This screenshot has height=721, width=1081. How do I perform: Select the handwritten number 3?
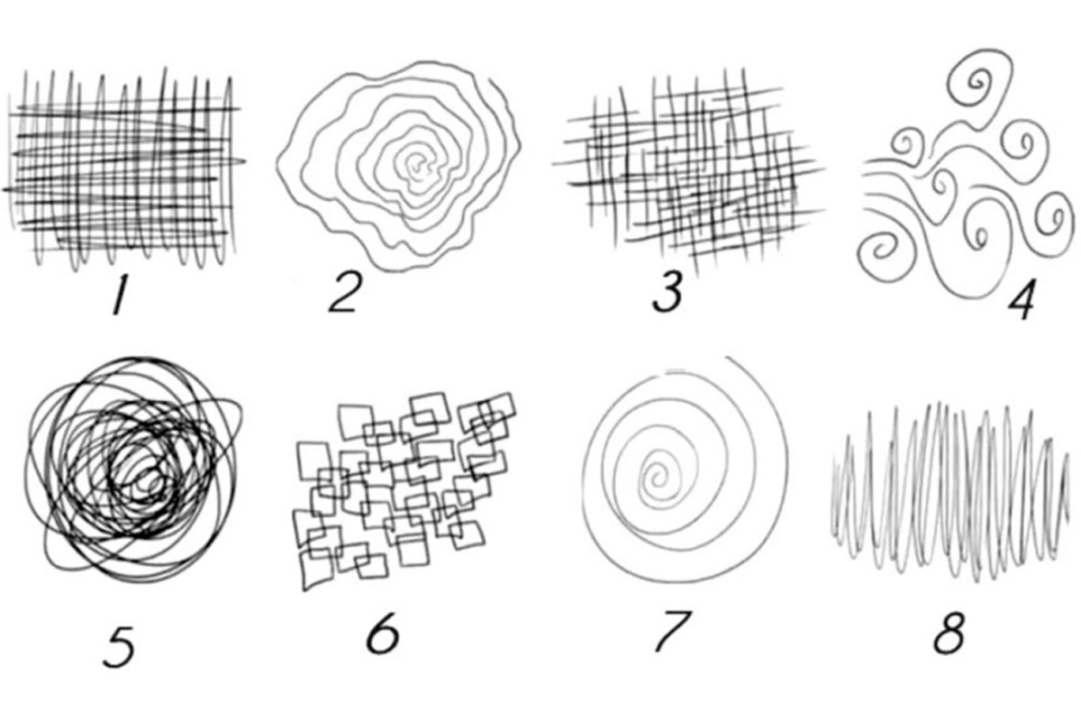668,292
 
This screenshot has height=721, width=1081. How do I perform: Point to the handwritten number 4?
1022,300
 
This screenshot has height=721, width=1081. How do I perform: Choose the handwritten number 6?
383,634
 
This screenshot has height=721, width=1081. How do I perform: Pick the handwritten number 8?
949,633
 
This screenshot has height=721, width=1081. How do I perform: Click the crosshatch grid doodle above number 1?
124,169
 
